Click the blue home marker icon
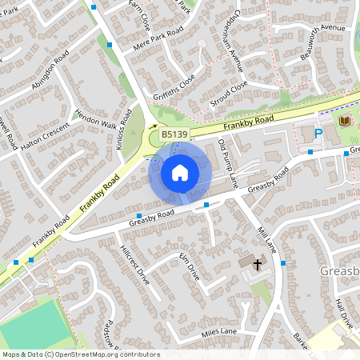point(180,172)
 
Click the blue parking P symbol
point(318,134)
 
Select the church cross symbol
point(258,263)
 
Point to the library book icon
point(344,120)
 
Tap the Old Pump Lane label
point(228,162)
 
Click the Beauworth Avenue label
point(322,39)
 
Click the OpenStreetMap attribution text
point(81,354)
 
